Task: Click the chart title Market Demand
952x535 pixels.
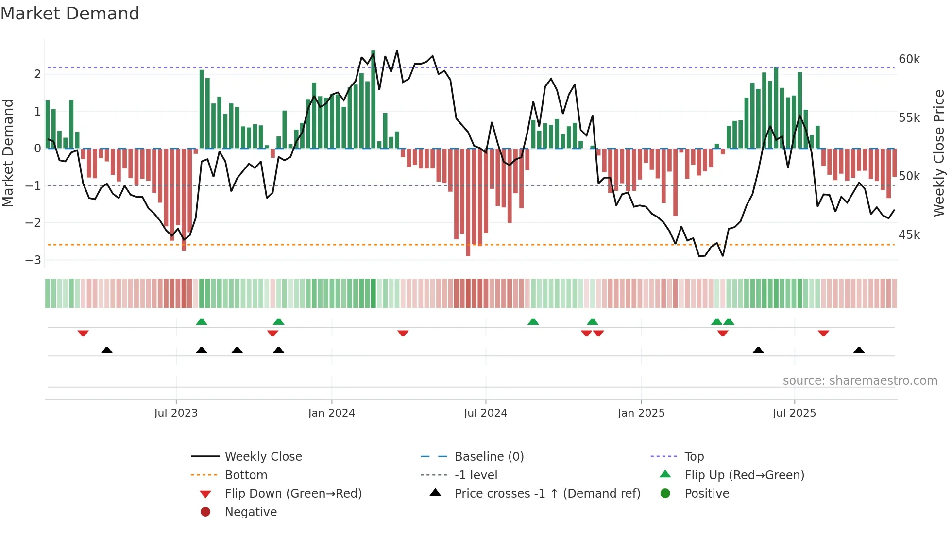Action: click(70, 14)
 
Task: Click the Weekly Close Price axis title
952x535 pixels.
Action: click(939, 153)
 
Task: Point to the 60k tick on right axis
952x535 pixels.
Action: click(909, 59)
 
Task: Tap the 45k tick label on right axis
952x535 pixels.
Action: click(909, 235)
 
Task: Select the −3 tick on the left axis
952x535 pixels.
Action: click(34, 260)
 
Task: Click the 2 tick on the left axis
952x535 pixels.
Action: click(37, 74)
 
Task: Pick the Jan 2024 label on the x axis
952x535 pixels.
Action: click(331, 413)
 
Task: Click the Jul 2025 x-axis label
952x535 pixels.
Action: click(794, 413)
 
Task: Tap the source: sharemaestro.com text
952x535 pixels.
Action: click(860, 381)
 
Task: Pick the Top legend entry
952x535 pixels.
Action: click(694, 457)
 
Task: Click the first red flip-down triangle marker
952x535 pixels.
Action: click(83, 333)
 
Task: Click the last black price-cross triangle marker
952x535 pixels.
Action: click(859, 350)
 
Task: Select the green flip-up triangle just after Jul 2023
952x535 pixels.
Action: click(202, 322)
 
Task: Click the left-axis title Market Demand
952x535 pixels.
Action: click(8, 153)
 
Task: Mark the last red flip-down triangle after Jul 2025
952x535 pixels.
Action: click(823, 333)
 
